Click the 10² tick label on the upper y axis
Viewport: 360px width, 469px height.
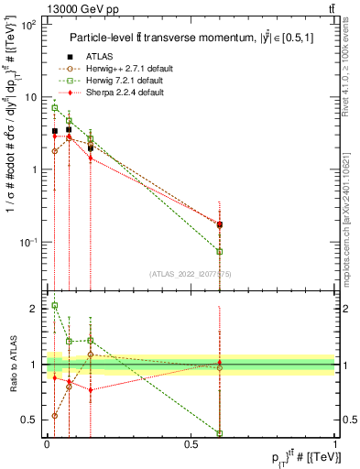28,25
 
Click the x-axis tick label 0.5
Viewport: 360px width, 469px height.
191,444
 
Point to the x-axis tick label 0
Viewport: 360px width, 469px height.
47,444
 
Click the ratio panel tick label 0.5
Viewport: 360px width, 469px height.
32,420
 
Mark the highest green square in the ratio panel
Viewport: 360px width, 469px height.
55,305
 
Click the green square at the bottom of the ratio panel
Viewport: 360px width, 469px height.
220,432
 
